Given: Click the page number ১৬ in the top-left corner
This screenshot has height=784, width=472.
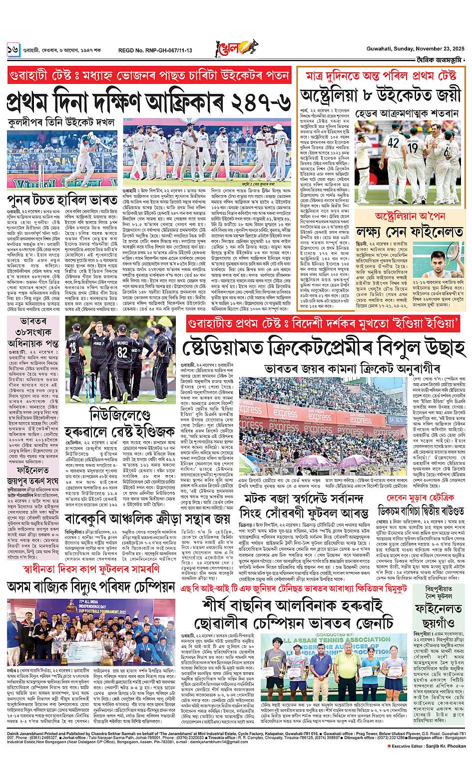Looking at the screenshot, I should tap(12, 50).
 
